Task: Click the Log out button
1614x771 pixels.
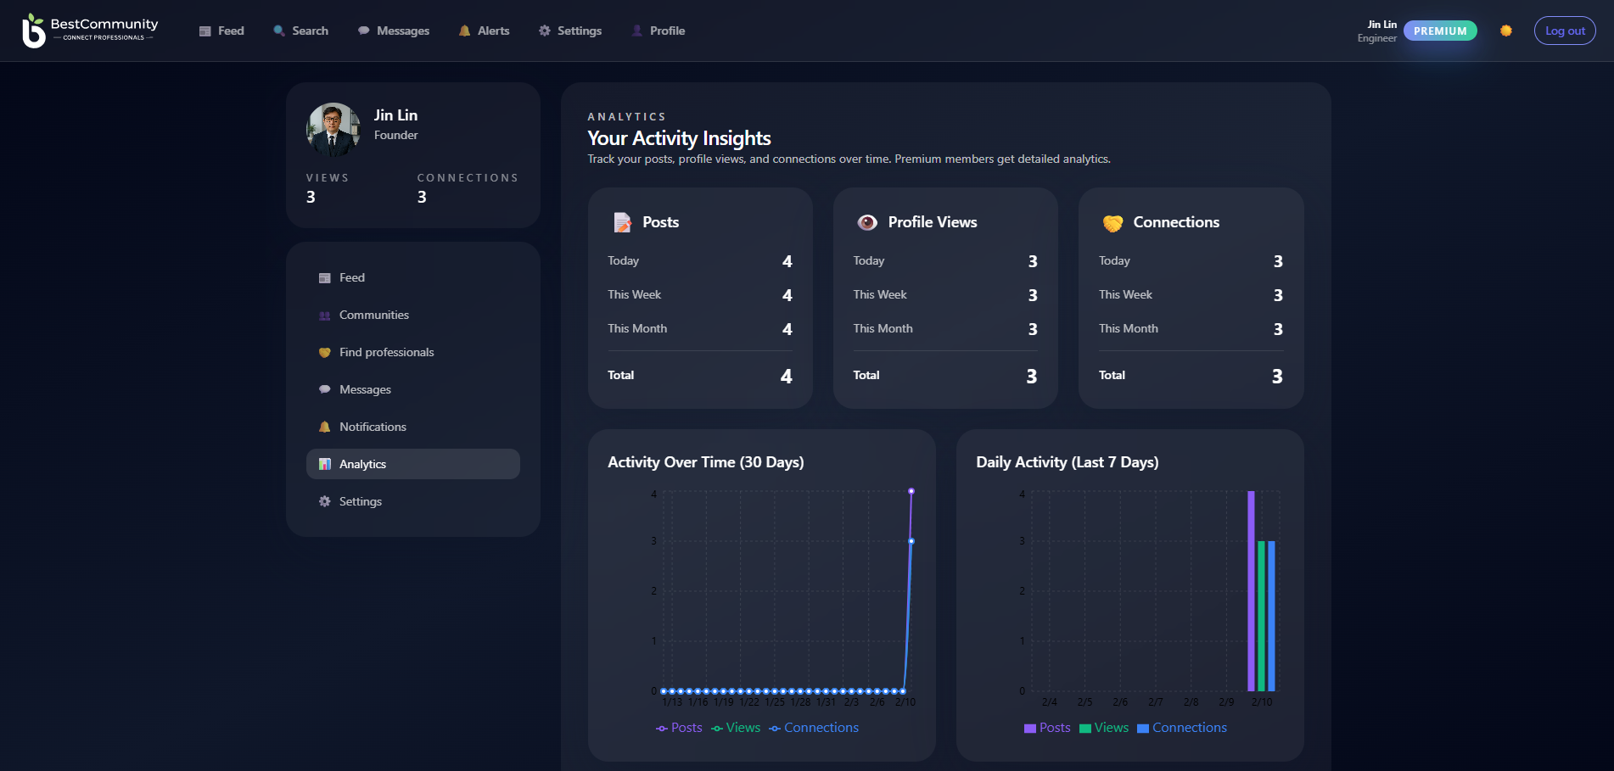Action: point(1564,31)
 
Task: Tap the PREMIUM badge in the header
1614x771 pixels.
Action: point(1439,31)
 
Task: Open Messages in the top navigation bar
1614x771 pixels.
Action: point(394,31)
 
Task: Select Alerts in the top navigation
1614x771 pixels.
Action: point(484,31)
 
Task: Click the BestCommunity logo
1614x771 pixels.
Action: point(90,31)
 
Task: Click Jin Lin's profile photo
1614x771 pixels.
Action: point(333,130)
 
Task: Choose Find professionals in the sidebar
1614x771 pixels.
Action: point(386,352)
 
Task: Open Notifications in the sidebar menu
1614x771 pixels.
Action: point(373,427)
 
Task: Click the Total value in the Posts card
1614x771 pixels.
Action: point(786,376)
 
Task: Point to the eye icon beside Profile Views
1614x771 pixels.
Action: point(866,222)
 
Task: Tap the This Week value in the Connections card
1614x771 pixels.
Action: point(1277,295)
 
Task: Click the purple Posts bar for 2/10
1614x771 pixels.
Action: point(1251,590)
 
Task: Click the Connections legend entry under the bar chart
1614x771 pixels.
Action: point(1181,728)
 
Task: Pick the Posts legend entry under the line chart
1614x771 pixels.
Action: point(679,728)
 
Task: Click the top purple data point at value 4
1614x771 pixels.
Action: point(911,491)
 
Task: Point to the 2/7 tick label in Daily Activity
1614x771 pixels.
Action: point(1155,702)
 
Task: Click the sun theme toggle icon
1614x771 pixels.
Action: point(1505,31)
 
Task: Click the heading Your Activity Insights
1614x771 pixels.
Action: point(679,138)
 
